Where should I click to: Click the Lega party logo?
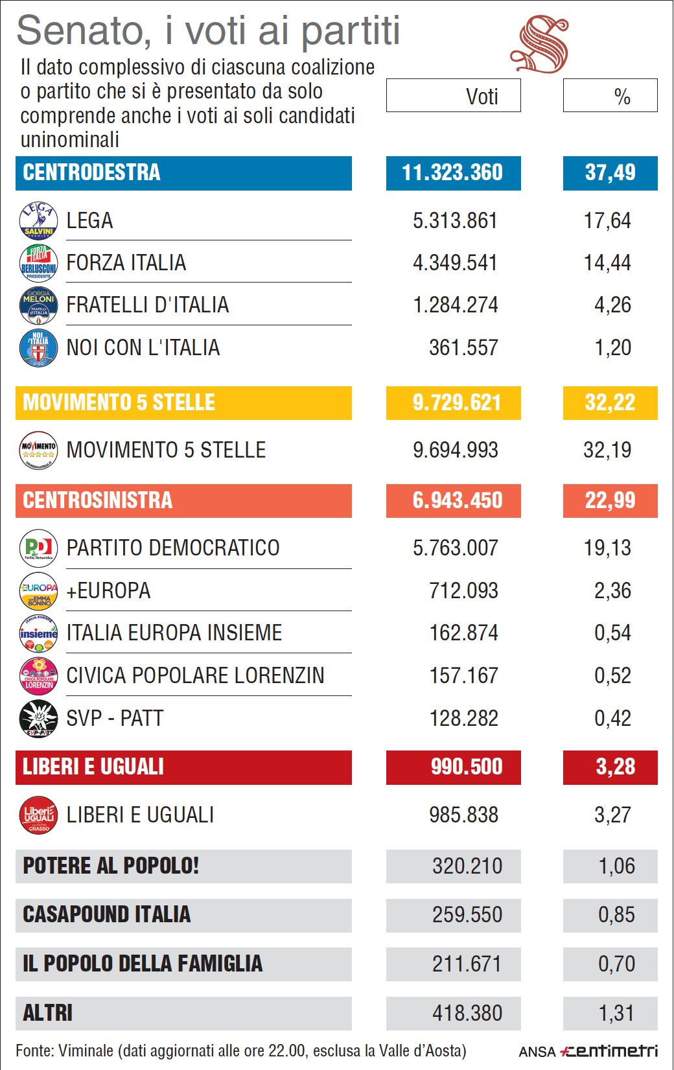[x=38, y=220]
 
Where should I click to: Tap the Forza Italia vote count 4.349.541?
[x=455, y=263]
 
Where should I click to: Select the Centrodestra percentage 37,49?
[x=610, y=173]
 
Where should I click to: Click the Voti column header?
[x=454, y=96]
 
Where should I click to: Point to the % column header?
[x=610, y=96]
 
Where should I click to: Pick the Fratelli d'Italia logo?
[x=38, y=305]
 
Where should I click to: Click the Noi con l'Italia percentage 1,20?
[x=612, y=348]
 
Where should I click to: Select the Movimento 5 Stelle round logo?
[x=38, y=450]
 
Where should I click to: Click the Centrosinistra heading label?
[x=98, y=500]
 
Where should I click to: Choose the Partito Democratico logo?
[x=38, y=548]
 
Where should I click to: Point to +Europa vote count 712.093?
[x=463, y=590]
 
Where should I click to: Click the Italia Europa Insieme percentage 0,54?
[x=612, y=633]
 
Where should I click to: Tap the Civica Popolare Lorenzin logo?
[x=38, y=675]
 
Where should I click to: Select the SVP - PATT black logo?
[x=38, y=718]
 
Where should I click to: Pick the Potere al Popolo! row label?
[x=111, y=866]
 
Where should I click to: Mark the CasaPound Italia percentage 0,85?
[x=616, y=915]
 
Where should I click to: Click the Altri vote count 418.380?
[x=467, y=1013]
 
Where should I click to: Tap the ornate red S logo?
[x=539, y=45]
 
